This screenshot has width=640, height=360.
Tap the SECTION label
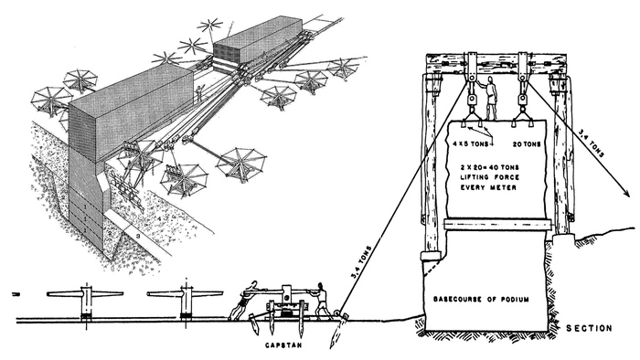pos(589,328)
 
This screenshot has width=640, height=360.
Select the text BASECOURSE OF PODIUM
pos(481,300)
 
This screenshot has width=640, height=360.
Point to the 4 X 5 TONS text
pos(471,144)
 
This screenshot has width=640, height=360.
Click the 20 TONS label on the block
pos(527,144)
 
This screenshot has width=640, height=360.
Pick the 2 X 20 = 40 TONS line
pos(488,167)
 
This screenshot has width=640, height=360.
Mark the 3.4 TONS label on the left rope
pos(361,262)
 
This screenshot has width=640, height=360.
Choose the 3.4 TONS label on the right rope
pos(591,143)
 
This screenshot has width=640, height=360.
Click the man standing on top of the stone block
pos(491,99)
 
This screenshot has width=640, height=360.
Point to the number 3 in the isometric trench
pos(138,236)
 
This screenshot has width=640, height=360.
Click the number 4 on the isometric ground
pos(160,219)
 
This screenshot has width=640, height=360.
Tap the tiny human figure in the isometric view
pos(198,93)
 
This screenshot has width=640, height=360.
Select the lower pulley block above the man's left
pos(471,100)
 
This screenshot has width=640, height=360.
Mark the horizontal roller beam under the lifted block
pos(498,224)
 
